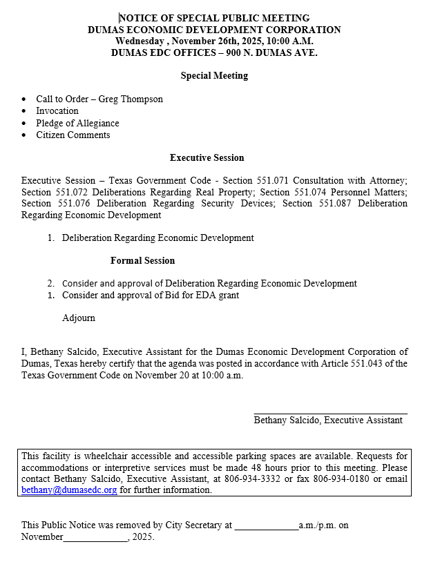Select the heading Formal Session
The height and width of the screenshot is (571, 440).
click(142, 261)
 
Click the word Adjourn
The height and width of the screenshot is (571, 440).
click(79, 318)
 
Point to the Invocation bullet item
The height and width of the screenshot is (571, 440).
click(57, 111)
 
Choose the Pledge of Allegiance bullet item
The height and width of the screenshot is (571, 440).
click(77, 124)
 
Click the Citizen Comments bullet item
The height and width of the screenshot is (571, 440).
click(73, 135)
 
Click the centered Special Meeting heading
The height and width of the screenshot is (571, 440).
click(214, 76)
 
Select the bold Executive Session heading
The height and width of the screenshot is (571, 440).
click(207, 158)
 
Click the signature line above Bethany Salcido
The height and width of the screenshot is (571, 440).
click(330, 413)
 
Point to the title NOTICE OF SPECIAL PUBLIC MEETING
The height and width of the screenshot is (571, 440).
click(214, 18)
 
